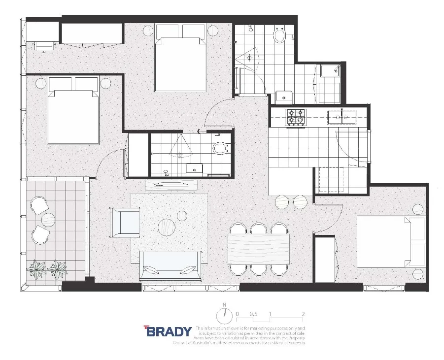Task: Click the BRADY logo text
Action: (168, 331)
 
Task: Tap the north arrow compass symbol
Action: (225, 313)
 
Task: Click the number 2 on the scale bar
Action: (303, 314)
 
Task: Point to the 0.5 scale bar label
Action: (253, 314)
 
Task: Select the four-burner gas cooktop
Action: (296, 117)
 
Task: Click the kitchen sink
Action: (341, 116)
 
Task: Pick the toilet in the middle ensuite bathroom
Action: (220, 148)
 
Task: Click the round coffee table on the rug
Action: (167, 227)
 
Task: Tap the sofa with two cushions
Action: (171, 265)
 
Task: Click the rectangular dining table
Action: (259, 249)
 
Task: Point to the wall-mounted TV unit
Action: (171, 185)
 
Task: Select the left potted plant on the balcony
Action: (37, 268)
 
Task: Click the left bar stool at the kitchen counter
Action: (282, 202)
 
